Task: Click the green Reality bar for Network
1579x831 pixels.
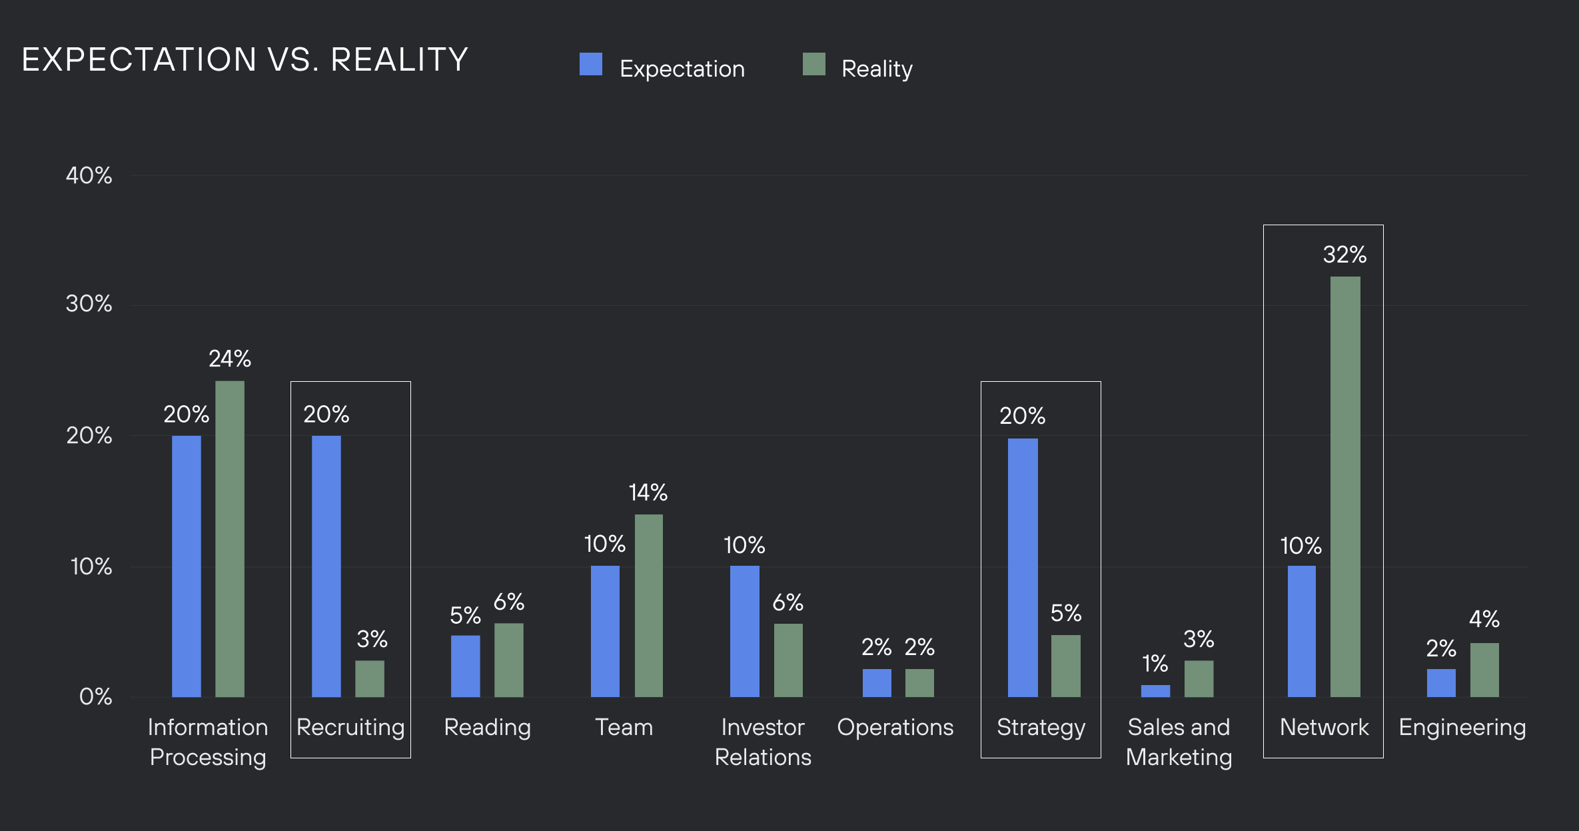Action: (1345, 486)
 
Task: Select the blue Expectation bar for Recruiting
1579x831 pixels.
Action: (326, 566)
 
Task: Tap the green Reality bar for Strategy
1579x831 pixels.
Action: (1065, 666)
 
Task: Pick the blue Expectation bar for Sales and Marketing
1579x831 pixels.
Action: (1155, 691)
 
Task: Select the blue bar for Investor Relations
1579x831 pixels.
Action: (744, 631)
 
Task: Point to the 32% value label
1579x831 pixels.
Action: (1344, 255)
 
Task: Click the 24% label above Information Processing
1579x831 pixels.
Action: (230, 359)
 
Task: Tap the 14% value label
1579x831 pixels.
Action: (648, 493)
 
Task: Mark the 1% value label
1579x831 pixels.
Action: (1155, 664)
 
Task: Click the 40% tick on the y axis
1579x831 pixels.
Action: (89, 176)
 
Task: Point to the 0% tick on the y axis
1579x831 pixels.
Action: (95, 697)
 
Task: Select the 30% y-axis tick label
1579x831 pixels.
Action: (89, 305)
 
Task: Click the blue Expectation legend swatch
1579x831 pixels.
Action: (591, 65)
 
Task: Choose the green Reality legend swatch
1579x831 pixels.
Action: (813, 65)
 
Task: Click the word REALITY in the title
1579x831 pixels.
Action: (399, 60)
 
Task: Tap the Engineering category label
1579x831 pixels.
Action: (1462, 728)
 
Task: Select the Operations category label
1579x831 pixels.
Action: (895, 728)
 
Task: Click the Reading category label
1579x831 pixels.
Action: (487, 728)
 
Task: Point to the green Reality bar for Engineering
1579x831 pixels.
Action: (1484, 670)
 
